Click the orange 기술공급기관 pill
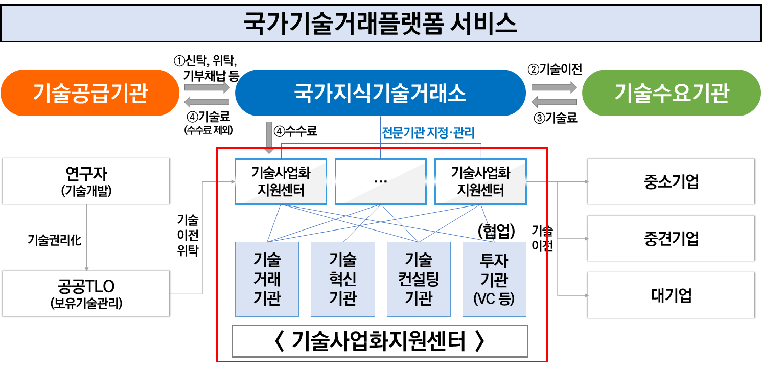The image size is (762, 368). (90, 93)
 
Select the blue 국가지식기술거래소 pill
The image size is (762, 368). (380, 93)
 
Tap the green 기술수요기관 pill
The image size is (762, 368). (672, 93)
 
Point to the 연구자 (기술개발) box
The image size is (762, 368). (86, 181)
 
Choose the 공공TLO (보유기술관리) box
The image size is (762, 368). (86, 293)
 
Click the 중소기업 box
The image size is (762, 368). (671, 181)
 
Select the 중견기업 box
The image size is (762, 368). (671, 238)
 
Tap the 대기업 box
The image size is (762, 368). (671, 295)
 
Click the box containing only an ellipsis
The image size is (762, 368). (380, 181)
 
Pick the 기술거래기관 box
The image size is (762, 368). (267, 279)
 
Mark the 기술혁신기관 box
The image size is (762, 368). (342, 279)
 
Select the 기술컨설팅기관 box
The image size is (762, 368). (419, 279)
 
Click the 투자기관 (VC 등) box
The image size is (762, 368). (494, 279)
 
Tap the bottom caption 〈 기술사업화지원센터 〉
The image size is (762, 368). (380, 341)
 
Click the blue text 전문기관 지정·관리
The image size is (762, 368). (428, 133)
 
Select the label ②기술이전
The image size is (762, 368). (555, 70)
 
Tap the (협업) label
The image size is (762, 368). (496, 231)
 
